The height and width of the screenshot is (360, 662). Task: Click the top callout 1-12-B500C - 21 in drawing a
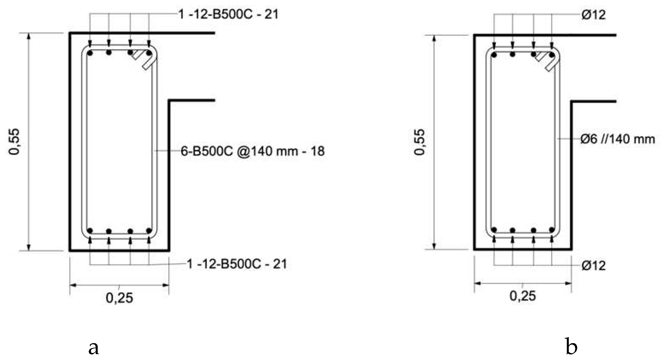tap(228, 14)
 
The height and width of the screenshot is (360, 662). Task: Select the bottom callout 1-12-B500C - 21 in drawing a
tap(237, 264)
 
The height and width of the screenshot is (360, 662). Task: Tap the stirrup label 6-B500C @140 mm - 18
tap(253, 151)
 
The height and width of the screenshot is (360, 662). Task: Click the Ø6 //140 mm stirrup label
tap(618, 139)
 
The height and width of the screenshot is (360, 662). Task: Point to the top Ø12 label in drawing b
tap(593, 15)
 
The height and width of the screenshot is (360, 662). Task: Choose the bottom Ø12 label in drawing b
tap(593, 265)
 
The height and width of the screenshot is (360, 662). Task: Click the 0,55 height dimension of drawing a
tap(14, 142)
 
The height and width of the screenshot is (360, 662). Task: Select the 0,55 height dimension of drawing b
tap(419, 142)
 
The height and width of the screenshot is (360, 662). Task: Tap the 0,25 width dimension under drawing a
tap(119, 298)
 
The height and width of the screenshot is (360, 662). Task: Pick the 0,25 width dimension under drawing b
tap(523, 296)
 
